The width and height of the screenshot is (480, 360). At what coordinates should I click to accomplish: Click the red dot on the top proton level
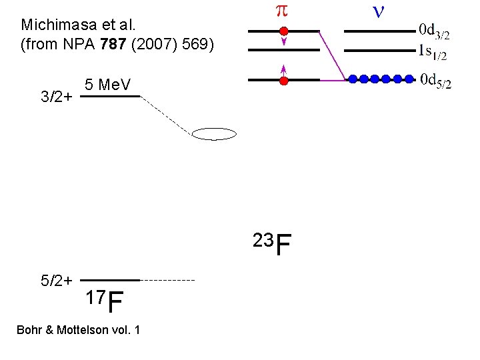point(283,31)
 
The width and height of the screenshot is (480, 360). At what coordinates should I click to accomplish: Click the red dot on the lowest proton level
point(283,81)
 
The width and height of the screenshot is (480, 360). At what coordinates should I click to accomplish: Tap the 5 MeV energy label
point(108,85)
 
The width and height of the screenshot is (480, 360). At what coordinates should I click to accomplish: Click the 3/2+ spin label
point(57,97)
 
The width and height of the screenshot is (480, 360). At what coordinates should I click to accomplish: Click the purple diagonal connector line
point(332,55)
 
